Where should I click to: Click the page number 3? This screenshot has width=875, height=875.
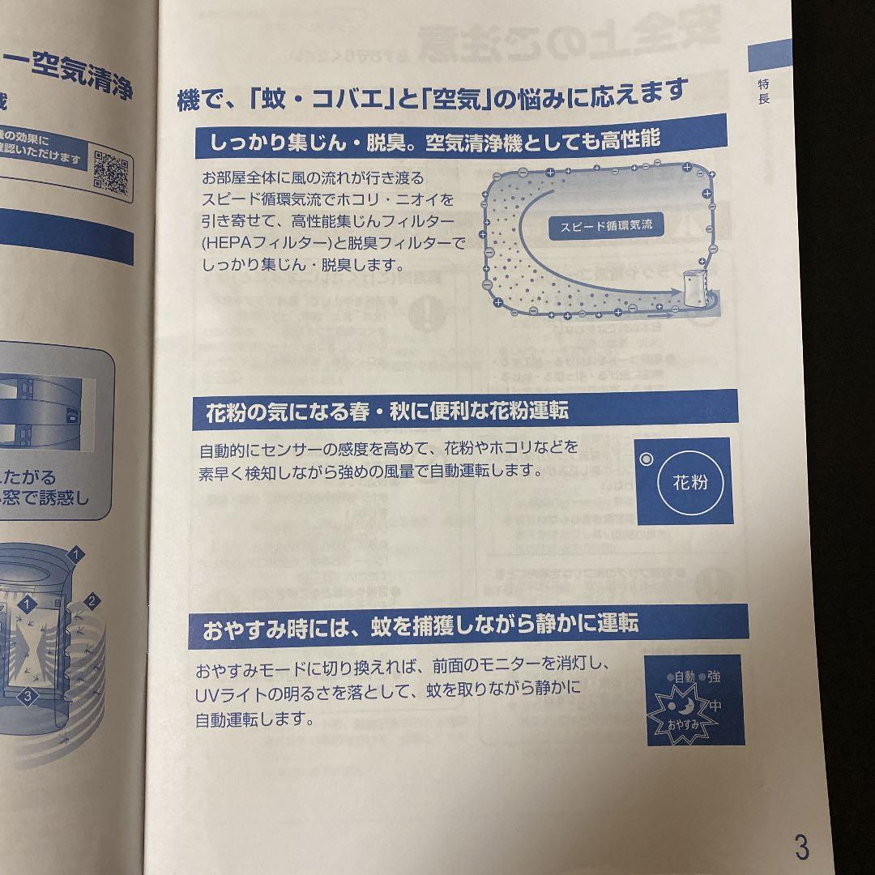click(x=800, y=847)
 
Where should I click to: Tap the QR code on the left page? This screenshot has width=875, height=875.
click(x=112, y=172)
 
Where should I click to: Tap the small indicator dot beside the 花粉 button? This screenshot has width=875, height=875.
click(x=646, y=459)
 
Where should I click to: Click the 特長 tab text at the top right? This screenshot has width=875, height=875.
click(x=764, y=91)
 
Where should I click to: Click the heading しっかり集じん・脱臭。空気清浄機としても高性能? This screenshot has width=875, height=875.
click(x=434, y=141)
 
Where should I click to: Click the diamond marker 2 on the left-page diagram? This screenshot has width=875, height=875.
click(x=92, y=601)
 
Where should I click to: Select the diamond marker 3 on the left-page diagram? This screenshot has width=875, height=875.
click(x=27, y=695)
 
